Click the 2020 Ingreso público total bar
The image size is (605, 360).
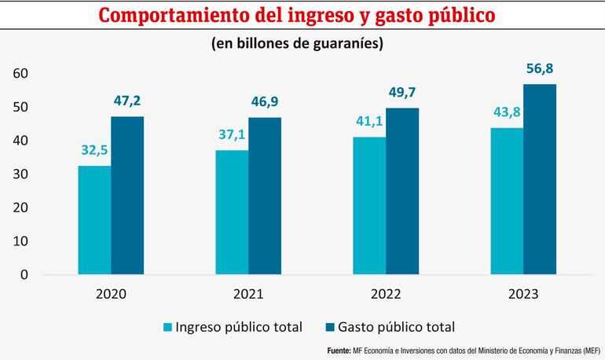(x=94, y=220)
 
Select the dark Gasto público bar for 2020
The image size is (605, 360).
(x=127, y=196)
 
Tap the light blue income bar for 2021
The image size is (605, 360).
(x=232, y=212)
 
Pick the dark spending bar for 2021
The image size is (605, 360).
(x=265, y=196)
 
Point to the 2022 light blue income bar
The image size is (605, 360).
(x=369, y=206)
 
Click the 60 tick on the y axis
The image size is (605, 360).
(x=20, y=74)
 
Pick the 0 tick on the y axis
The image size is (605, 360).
(x=24, y=275)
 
